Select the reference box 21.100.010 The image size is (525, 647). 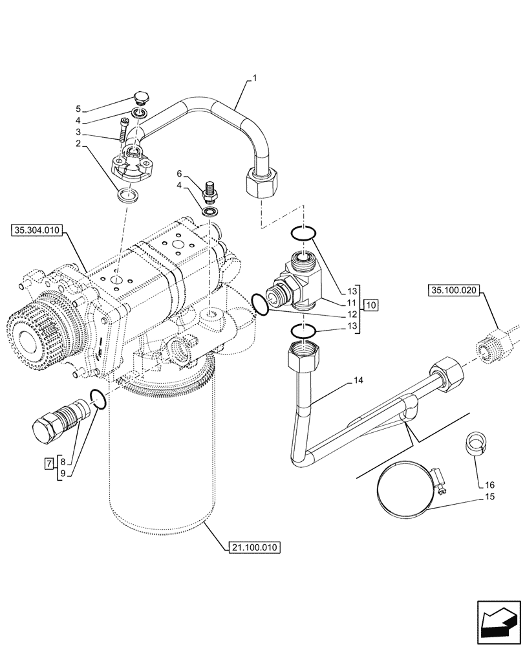(254, 548)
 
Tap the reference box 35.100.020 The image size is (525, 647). (452, 291)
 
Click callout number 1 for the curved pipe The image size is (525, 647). (254, 78)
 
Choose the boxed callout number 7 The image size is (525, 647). (48, 463)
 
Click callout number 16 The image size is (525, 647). (489, 484)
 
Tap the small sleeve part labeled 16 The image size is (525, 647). (475, 446)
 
